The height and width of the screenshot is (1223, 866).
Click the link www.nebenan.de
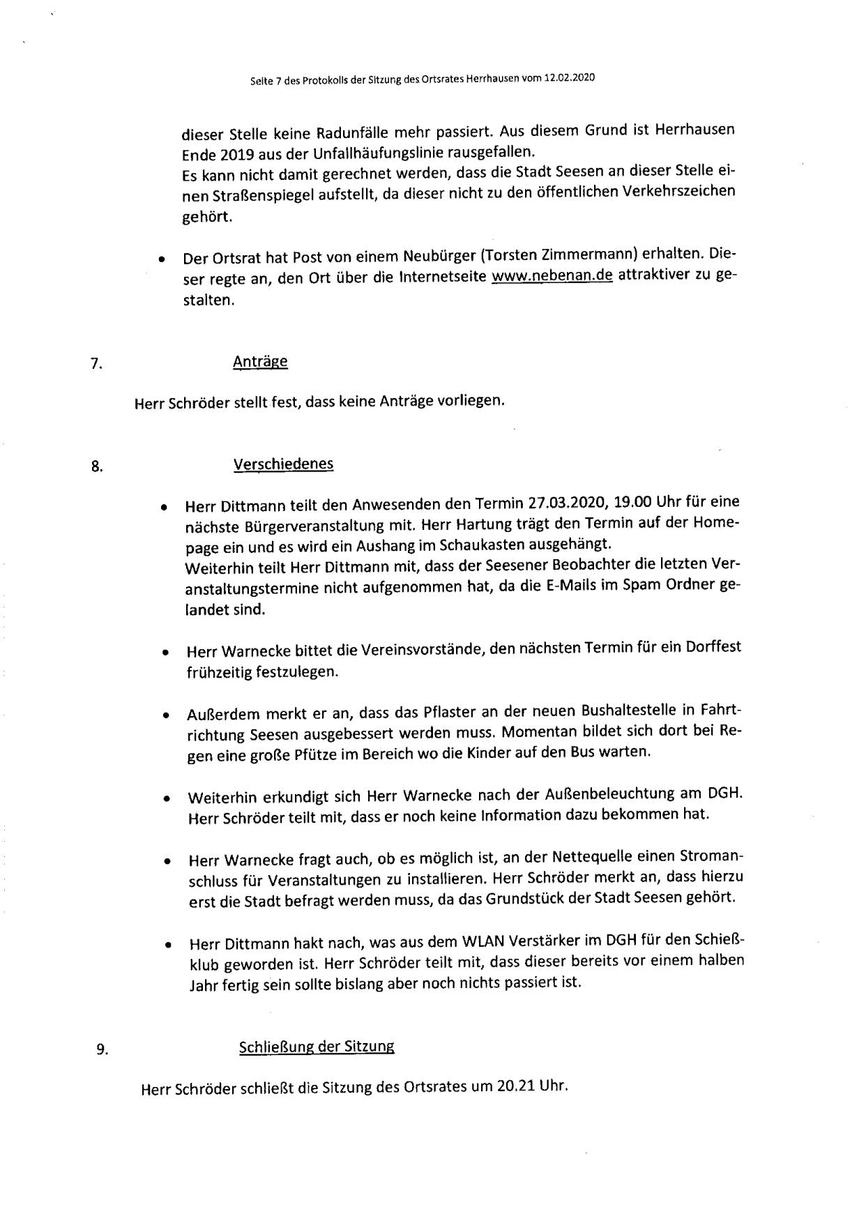click(x=552, y=276)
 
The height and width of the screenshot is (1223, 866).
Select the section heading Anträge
click(x=260, y=362)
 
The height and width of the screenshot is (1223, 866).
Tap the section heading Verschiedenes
click(x=283, y=464)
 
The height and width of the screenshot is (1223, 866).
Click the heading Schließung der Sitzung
click(x=317, y=1047)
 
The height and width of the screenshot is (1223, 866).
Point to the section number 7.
click(x=96, y=363)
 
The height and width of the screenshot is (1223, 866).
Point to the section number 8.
click(x=97, y=466)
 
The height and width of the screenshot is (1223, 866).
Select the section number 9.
click(x=102, y=1049)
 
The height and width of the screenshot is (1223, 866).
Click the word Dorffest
click(x=713, y=647)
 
